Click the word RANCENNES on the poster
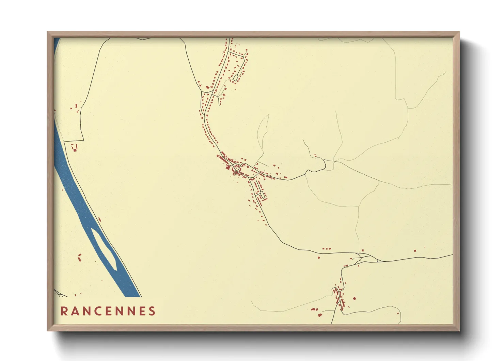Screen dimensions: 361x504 pyautogui.click(x=108, y=311)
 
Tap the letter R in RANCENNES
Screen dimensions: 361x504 pyautogui.click(x=64, y=311)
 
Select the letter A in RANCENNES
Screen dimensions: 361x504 pyautogui.click(x=75, y=311)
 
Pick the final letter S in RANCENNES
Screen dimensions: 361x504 pyautogui.click(x=152, y=311)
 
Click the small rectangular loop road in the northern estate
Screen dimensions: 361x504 pyautogui.click(x=235, y=78)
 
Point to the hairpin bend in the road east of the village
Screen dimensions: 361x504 pyautogui.click(x=325, y=165)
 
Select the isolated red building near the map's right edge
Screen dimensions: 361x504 pyautogui.click(x=415, y=251)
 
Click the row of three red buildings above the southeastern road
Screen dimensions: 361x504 pyautogui.click(x=326, y=249)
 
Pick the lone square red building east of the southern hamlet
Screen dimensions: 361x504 pyautogui.click(x=354, y=299)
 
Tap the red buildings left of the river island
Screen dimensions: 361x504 pyautogui.click(x=80, y=257)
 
